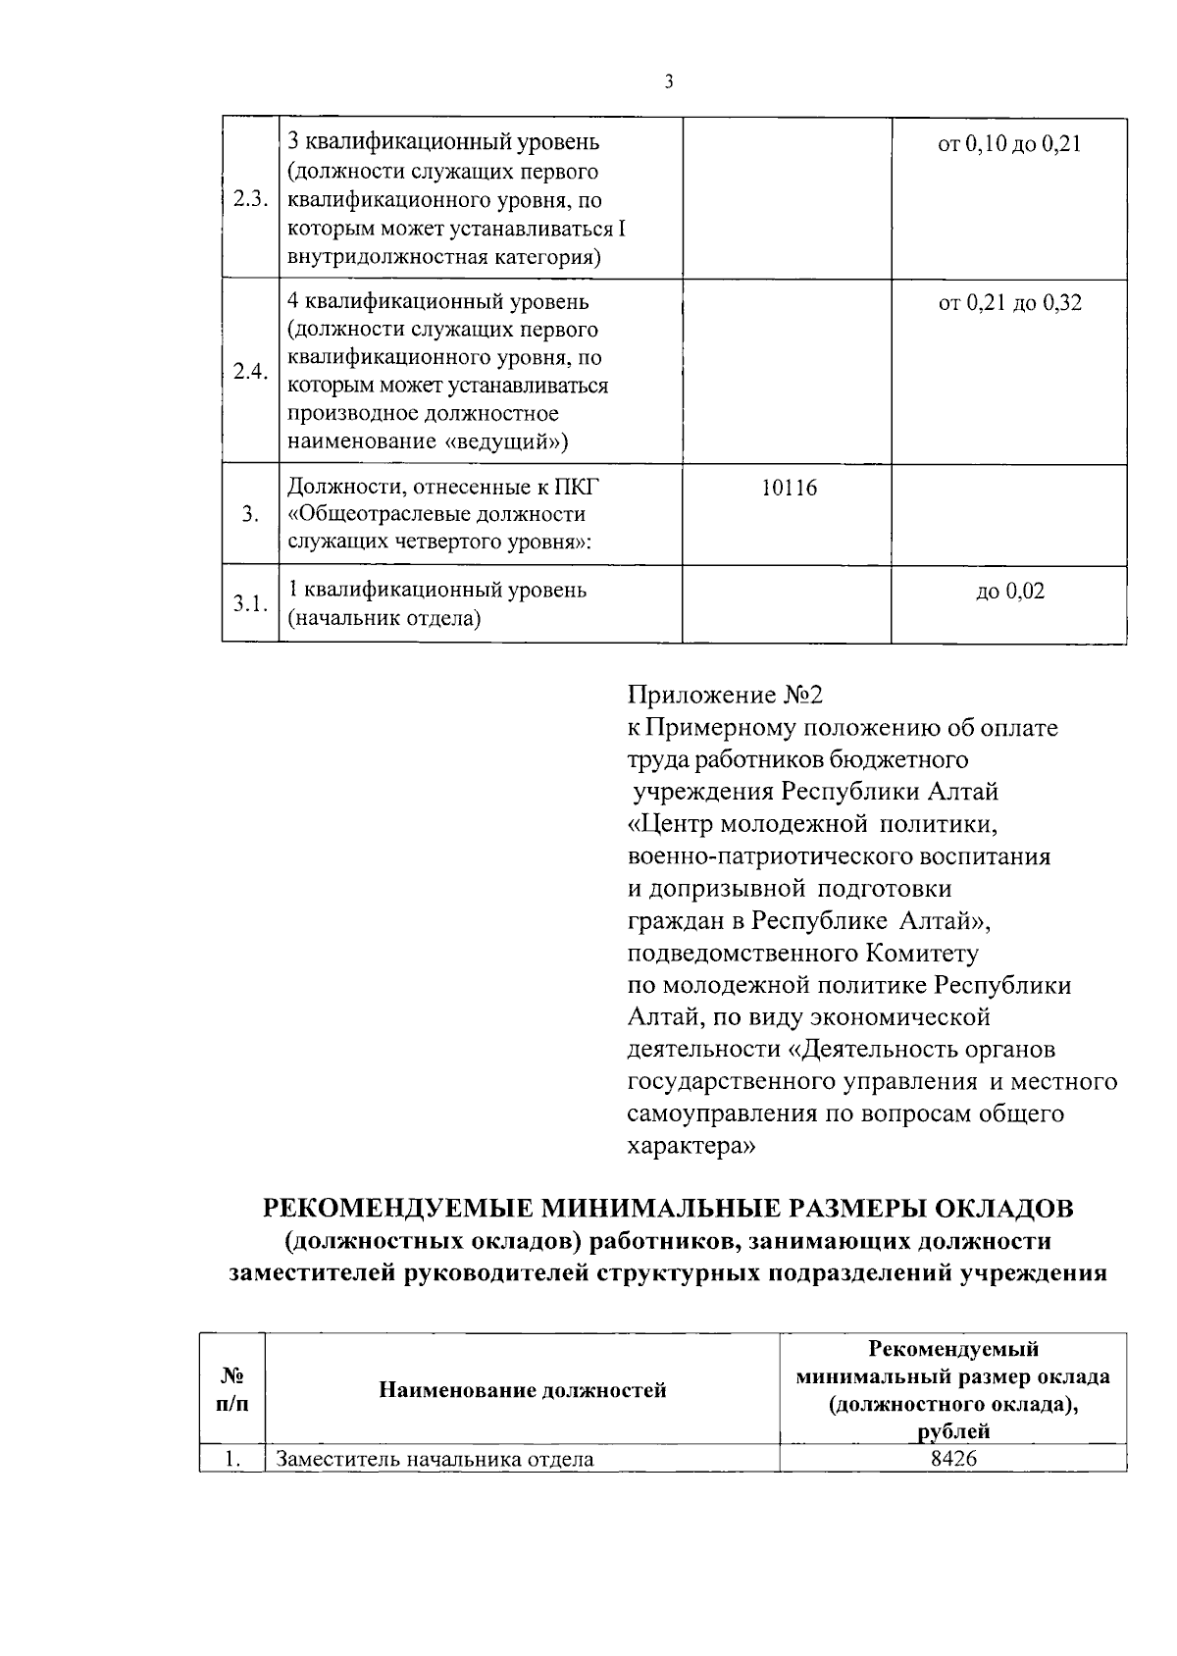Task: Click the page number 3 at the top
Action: coord(668,82)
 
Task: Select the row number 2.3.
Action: coord(250,200)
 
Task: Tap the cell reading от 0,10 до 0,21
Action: coord(1009,145)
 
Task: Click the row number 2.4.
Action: coord(250,372)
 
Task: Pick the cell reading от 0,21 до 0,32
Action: coord(1009,303)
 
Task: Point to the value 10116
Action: coord(789,488)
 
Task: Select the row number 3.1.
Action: coord(250,603)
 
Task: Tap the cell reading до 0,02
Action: coord(1009,592)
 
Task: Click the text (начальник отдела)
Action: coord(384,619)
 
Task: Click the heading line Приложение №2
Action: coord(725,696)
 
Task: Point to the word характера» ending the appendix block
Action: coord(691,1146)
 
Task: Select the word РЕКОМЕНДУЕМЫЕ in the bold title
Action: coord(398,1209)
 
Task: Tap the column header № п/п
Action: coord(232,1389)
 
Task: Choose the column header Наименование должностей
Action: coord(522,1390)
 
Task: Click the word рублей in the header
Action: coord(953,1431)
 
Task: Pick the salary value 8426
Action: coord(953,1459)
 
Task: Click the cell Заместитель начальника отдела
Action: coord(435,1459)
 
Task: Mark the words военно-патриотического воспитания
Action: coord(839,856)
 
